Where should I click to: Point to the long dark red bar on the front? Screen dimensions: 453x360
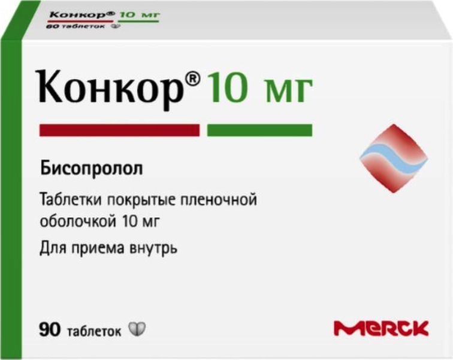point(119,130)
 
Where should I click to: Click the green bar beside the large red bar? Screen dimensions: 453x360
point(259,130)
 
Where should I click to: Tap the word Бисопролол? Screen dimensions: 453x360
point(91,169)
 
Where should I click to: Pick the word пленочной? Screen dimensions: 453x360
point(218,200)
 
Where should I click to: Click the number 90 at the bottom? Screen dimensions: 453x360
point(50,329)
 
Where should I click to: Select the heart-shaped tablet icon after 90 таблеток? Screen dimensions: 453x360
point(137,329)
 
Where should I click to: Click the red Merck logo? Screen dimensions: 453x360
point(381,328)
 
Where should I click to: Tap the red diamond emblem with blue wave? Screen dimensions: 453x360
point(394,158)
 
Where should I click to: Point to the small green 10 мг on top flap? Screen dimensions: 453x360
point(138,14)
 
